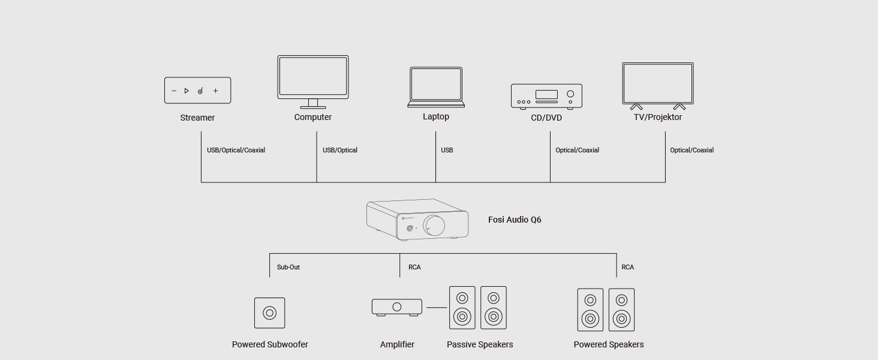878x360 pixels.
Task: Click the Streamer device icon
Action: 197,91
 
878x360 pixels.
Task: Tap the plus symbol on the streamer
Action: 216,91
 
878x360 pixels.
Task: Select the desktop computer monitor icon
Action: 312,78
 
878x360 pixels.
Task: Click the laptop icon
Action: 436,86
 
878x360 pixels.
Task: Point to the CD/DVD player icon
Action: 546,96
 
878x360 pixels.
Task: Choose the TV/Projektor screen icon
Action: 658,85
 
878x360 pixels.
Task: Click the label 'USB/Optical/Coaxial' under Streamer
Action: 236,150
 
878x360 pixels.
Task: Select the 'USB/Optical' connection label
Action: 340,150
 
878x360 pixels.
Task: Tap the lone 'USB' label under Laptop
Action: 447,150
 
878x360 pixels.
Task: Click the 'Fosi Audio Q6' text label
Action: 515,220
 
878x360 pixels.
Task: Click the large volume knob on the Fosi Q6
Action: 435,226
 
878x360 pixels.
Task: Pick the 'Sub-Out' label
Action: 288,267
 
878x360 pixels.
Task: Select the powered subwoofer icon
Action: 269,313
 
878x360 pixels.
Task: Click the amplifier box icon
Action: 396,307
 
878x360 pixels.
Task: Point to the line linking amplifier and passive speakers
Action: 436,307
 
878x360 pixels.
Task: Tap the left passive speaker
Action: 462,307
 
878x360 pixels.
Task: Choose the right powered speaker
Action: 621,310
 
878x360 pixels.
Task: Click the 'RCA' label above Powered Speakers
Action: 627,267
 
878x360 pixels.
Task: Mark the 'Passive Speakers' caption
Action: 480,344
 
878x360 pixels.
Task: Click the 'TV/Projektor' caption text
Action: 658,117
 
